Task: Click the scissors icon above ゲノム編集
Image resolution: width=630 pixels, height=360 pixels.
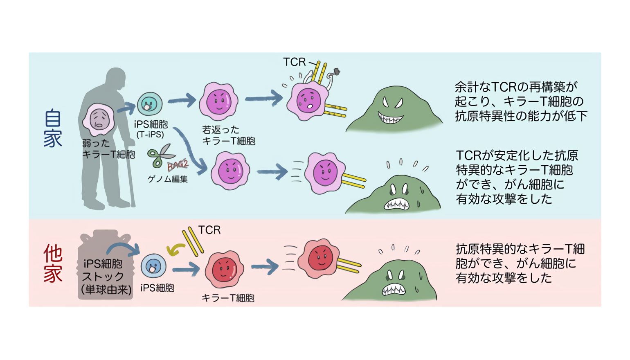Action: [160, 156]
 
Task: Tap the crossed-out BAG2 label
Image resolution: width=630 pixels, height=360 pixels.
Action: [177, 165]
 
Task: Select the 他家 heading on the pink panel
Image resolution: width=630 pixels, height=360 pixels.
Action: [53, 264]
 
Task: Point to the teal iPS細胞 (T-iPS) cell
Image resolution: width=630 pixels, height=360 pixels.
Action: [149, 104]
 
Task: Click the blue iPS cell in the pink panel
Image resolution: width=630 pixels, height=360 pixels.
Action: [153, 266]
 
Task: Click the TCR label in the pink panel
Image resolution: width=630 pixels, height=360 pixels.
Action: [209, 230]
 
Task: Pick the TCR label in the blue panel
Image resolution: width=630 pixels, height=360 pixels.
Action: [294, 62]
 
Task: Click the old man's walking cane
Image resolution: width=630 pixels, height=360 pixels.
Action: [130, 176]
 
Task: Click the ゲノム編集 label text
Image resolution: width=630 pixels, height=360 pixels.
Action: [168, 179]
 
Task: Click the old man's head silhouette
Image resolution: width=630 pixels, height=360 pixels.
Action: [115, 80]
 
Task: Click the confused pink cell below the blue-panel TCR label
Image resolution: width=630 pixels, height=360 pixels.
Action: [307, 101]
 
